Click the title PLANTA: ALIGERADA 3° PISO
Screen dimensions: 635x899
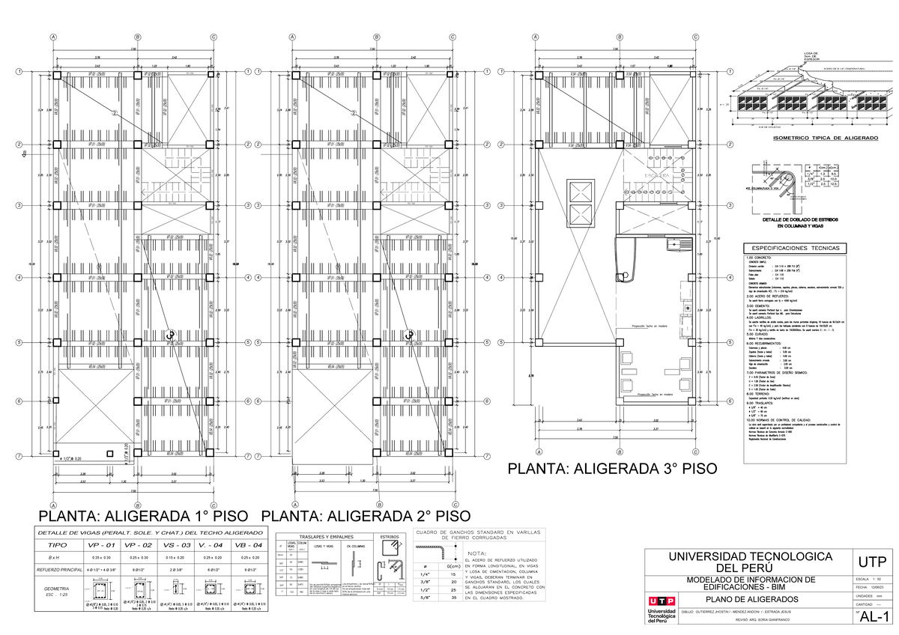pyautogui.click(x=612, y=469)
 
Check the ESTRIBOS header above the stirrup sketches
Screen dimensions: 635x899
pyautogui.click(x=390, y=537)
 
